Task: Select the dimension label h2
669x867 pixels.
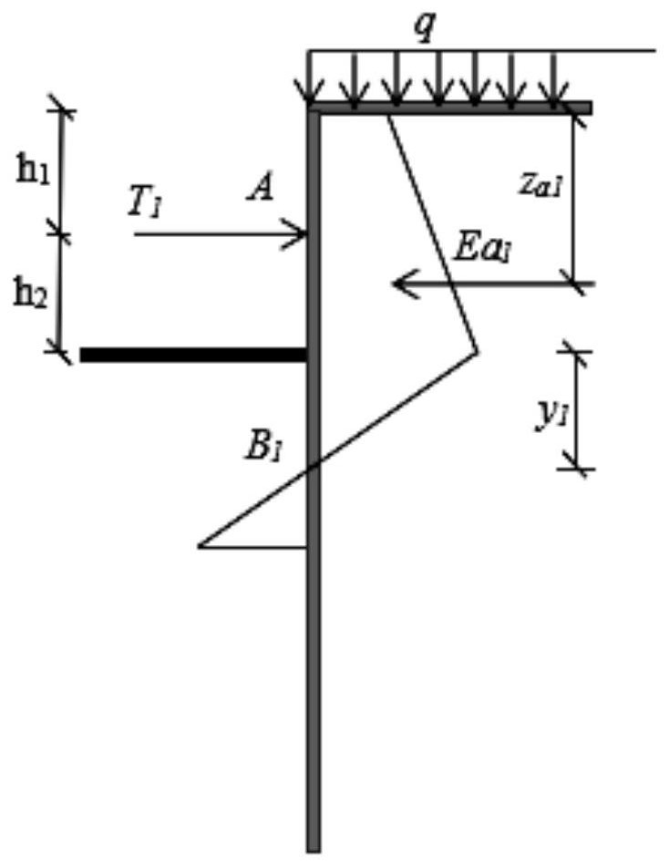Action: pos(31,296)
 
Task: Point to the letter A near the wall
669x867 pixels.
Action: pos(261,190)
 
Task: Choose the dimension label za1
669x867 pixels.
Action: pos(540,186)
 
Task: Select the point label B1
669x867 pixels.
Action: pos(264,448)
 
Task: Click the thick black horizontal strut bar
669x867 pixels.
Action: pos(193,355)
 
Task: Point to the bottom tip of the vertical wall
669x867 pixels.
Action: pos(313,851)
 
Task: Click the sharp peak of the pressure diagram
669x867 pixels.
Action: pos(478,351)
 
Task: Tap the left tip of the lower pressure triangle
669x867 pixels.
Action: pos(199,546)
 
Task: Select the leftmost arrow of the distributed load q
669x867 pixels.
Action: pos(308,77)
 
